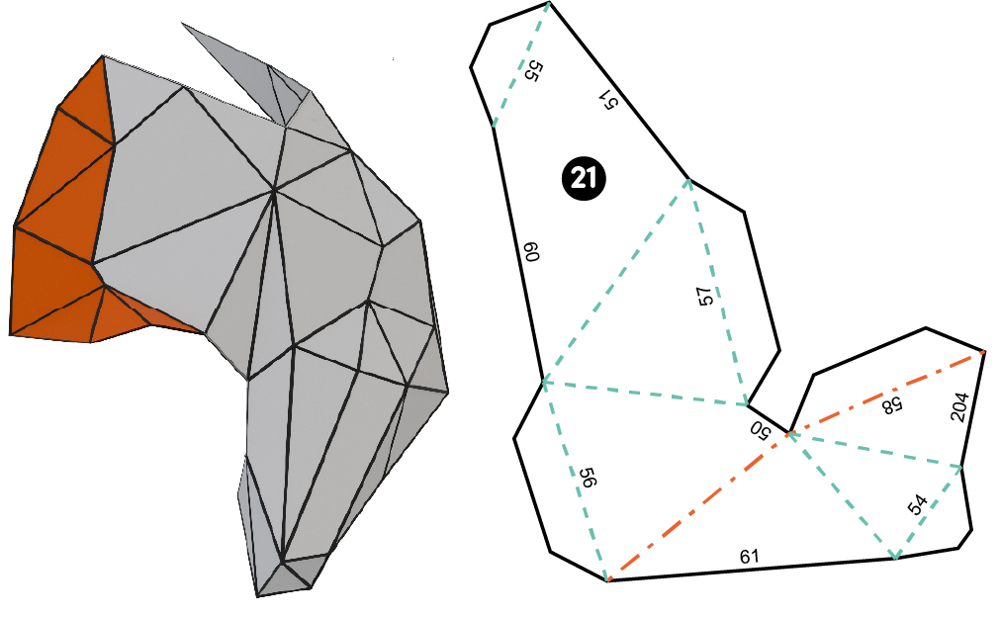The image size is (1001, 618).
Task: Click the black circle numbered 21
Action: tap(584, 178)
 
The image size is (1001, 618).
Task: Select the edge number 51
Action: tap(607, 99)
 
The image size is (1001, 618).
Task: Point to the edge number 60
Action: tap(531, 251)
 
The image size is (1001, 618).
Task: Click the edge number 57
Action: tap(704, 296)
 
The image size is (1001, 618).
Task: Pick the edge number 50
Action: tap(761, 430)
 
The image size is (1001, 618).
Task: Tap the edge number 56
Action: tap(588, 478)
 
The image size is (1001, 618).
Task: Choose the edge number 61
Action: tap(750, 556)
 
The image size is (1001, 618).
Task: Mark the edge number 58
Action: tap(892, 405)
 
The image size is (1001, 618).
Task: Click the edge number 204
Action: tap(959, 406)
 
